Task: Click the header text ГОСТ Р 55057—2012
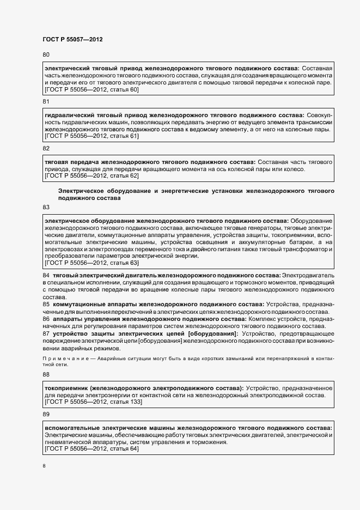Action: point(72,39)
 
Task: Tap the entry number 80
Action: point(46,54)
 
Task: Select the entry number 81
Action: point(46,102)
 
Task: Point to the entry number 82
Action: point(46,148)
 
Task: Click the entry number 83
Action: point(46,207)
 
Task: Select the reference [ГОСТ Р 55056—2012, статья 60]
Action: point(91,89)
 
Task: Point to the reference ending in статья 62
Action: point(91,176)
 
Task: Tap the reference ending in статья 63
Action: point(91,263)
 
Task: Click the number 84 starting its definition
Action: point(46,276)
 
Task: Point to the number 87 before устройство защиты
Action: point(46,333)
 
